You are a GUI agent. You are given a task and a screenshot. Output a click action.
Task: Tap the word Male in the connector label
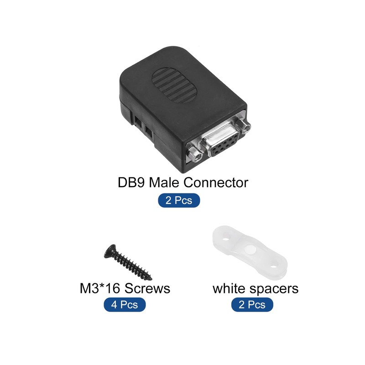point(165,183)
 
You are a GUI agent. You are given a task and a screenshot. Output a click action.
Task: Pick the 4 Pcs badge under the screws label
point(125,304)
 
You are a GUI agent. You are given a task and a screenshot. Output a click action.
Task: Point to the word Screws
point(148,288)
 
